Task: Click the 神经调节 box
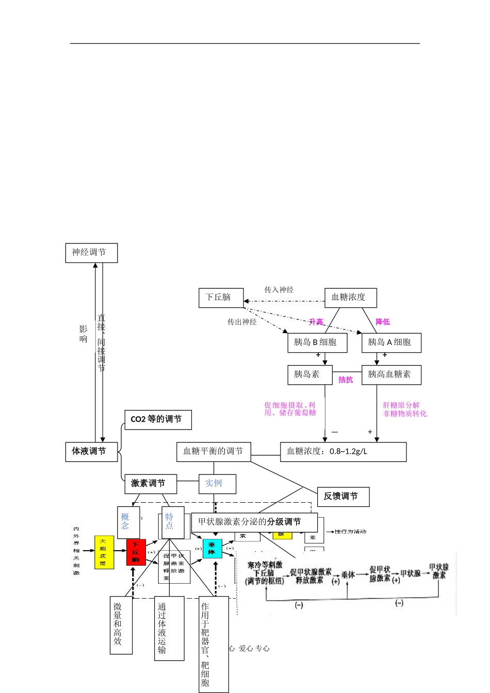tap(91, 253)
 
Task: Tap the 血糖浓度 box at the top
tap(350, 298)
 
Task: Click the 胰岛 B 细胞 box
tap(317, 342)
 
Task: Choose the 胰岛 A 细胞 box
tap(391, 342)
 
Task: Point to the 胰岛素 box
tap(309, 374)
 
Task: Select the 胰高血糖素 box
tap(391, 374)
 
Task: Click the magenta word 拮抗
tap(346, 380)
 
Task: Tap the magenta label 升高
tap(316, 322)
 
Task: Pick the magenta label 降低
tap(383, 322)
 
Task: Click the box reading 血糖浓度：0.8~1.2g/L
tap(343, 452)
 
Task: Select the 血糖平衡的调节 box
tap(214, 452)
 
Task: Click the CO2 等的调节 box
tap(158, 420)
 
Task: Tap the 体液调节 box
tap(91, 452)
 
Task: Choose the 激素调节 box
tap(151, 484)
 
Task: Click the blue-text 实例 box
tap(217, 484)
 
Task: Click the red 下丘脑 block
tap(136, 552)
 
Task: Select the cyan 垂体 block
tap(212, 549)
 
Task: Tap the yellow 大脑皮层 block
tap(104, 552)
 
